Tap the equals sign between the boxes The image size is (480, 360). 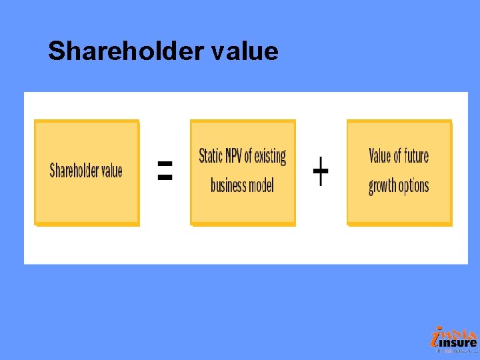(165, 171)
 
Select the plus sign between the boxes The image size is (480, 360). (321, 171)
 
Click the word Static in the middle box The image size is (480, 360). (211, 157)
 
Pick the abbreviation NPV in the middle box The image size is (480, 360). (233, 157)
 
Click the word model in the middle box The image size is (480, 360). (261, 185)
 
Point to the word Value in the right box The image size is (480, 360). (380, 157)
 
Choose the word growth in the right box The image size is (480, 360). (383, 186)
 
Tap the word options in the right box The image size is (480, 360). (414, 186)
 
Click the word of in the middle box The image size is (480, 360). (248, 157)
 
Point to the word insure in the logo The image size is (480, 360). (461, 343)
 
